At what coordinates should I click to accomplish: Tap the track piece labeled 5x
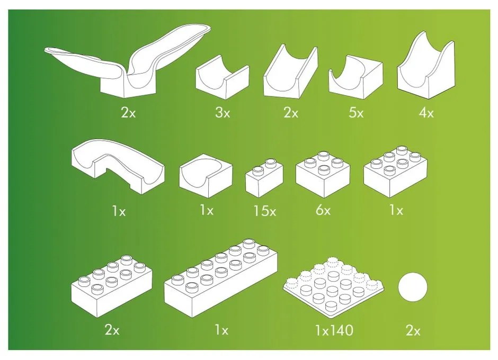coord(355,77)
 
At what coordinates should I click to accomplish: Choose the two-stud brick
coord(264,178)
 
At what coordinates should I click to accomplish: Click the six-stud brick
coord(395,172)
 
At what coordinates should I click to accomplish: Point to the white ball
coord(413,287)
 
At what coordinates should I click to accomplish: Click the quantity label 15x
coord(264,211)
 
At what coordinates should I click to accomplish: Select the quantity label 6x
coord(323,210)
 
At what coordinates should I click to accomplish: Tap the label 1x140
coord(334,330)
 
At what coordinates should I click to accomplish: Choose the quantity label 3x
coord(223,112)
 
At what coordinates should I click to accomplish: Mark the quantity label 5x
coord(356,112)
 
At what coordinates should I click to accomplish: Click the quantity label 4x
coord(426,112)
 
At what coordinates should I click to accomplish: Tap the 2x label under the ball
coord(413,331)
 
